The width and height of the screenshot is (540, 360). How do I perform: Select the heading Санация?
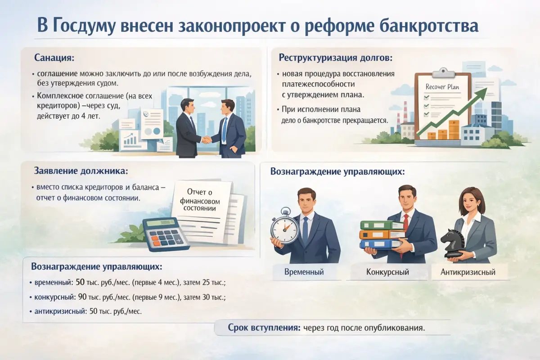[x=54, y=58]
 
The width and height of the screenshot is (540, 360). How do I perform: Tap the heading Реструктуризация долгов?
[x=336, y=58]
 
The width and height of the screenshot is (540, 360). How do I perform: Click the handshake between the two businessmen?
[x=206, y=139]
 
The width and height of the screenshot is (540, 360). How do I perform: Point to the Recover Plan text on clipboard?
[x=442, y=87]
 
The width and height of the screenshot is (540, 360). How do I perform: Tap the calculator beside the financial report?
[x=166, y=234]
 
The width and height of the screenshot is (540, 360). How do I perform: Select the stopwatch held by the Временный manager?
[x=285, y=226]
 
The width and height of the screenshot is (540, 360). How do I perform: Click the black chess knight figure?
[x=453, y=243]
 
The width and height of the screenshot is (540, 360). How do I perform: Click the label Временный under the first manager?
[x=304, y=272]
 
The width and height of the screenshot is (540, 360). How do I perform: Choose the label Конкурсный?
[x=387, y=272]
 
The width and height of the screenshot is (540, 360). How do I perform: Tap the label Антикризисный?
[x=468, y=272]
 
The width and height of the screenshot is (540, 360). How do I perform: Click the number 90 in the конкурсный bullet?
[x=82, y=297]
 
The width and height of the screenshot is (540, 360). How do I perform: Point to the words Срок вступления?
[x=264, y=328]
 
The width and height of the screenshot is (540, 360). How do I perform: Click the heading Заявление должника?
[x=81, y=171]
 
